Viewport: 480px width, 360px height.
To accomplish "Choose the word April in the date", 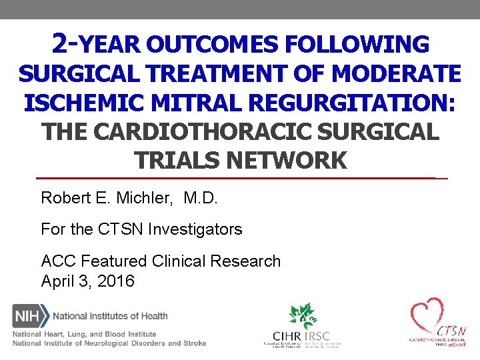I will click(x=58, y=281).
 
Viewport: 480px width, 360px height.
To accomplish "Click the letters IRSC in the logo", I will click(x=317, y=336).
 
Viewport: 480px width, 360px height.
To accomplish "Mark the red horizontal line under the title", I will click(x=240, y=179).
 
